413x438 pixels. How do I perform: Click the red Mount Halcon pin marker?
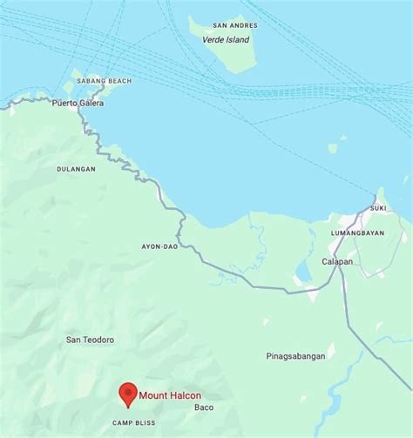point(128,394)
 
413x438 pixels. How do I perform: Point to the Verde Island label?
point(225,40)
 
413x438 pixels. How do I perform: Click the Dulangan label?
point(76,169)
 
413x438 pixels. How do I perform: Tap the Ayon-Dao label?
point(159,246)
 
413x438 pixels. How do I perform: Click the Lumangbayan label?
point(357,234)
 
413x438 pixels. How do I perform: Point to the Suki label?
point(378,208)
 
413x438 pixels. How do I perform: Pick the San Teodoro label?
point(90,340)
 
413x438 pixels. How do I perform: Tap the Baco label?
point(204,407)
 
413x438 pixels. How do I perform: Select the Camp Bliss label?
point(133,423)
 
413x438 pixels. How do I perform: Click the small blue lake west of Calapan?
point(302,273)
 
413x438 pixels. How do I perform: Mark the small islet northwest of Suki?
point(333,148)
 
